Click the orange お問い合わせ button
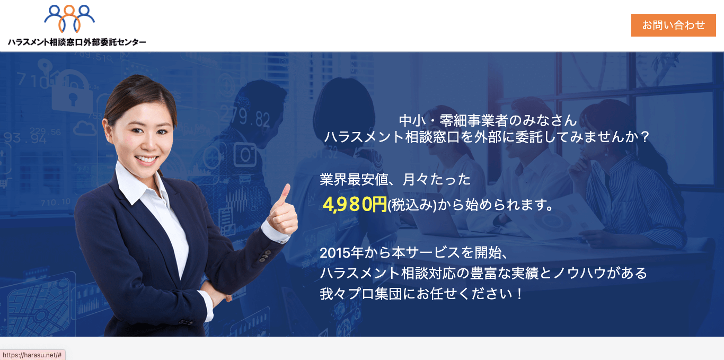tap(673, 25)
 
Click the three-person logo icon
tap(69, 19)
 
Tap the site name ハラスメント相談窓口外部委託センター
tap(77, 42)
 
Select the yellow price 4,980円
tap(355, 205)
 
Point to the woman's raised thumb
tap(286, 194)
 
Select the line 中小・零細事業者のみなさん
tap(487, 120)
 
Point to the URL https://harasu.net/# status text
tap(32, 355)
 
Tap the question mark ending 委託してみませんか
tap(644, 137)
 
